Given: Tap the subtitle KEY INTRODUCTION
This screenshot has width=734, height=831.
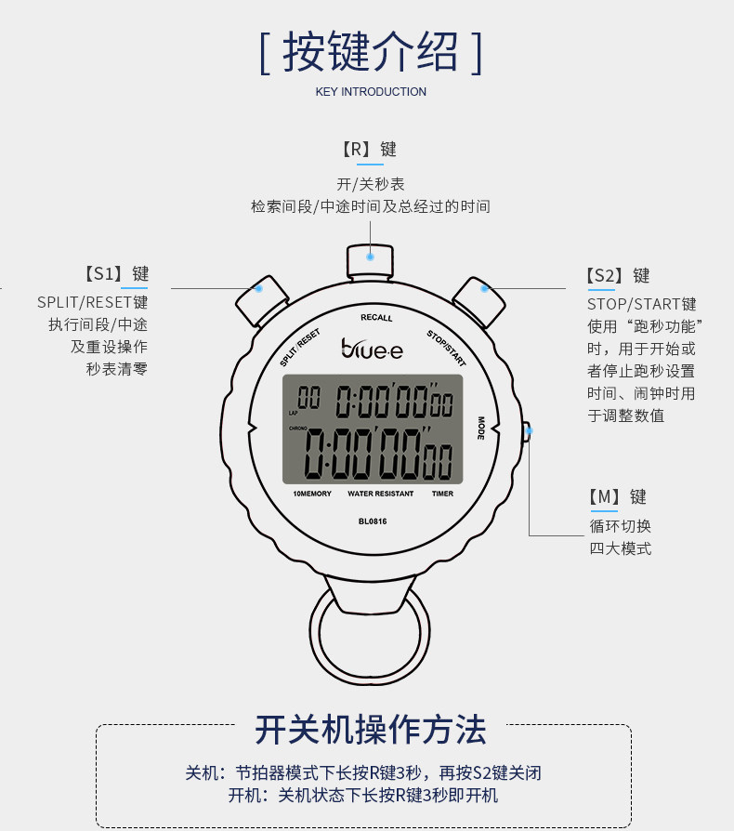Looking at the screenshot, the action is (371, 92).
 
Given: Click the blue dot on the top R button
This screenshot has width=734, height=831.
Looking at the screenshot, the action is (370, 257).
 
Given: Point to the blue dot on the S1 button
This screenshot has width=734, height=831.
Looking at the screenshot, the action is (259, 288).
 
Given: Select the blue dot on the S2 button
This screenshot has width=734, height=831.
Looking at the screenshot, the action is (484, 288).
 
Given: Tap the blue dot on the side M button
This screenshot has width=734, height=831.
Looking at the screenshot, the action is (528, 429).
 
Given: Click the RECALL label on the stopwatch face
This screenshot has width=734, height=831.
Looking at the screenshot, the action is (376, 318).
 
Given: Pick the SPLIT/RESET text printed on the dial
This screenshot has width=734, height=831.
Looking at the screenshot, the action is (299, 348).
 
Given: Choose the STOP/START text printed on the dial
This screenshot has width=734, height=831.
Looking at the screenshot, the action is (446, 348).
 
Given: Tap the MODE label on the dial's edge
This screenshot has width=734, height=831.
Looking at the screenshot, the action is (481, 429).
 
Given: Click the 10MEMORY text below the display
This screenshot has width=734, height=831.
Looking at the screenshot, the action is (312, 494).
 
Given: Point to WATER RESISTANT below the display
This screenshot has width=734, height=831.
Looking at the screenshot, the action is (381, 494).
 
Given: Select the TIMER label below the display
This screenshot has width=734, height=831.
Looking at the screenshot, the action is (442, 494).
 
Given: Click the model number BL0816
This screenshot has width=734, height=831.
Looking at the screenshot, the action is (372, 521).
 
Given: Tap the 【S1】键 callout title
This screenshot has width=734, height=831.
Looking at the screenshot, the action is (115, 274).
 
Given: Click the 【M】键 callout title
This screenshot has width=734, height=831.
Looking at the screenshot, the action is (617, 497).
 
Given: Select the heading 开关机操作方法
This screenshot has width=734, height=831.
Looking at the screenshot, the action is (371, 730).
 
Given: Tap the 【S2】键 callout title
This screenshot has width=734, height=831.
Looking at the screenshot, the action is (618, 276).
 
